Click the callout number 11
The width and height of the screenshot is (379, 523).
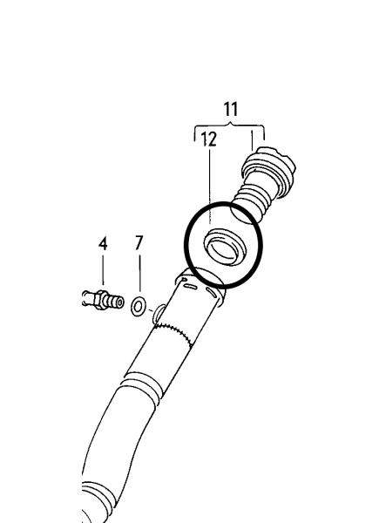coord(231,110)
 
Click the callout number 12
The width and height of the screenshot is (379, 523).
coord(209,139)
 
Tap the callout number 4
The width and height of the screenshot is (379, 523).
coord(103,243)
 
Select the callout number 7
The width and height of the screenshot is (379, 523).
coord(139,242)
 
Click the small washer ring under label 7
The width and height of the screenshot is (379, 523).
coord(138,307)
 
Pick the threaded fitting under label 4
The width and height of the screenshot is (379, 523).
coord(103,300)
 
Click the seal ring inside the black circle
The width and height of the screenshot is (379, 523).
coord(225,248)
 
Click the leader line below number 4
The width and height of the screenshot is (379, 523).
coord(103,270)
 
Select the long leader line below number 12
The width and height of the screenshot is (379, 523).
coord(210,187)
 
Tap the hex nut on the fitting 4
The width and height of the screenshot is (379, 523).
coord(100,300)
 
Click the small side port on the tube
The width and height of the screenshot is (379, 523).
coord(158,314)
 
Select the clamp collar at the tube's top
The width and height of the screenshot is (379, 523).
coord(200,285)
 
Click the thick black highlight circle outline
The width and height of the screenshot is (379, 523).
coord(186,244)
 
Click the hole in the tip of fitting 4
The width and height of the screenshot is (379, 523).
coord(119,302)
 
